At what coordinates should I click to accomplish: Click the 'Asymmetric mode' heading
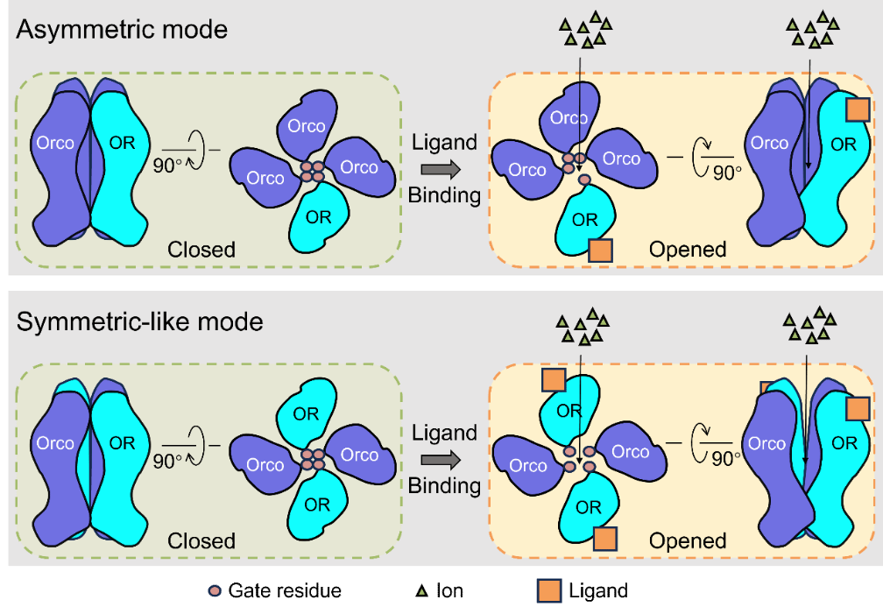(x=123, y=30)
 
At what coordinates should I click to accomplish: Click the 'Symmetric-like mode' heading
(x=140, y=321)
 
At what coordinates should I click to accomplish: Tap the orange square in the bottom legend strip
(x=548, y=591)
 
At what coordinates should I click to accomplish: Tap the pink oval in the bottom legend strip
(x=215, y=591)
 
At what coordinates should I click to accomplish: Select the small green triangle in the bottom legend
(x=422, y=592)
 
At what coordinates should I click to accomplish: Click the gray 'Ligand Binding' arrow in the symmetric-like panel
(x=445, y=460)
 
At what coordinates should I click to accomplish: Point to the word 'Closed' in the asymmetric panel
(x=201, y=250)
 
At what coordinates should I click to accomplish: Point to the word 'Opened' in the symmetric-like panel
(x=688, y=540)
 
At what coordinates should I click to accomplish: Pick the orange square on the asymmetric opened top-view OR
(x=600, y=251)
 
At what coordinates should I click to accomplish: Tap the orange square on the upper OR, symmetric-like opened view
(x=553, y=379)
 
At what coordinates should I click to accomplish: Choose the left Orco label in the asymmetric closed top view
(x=265, y=178)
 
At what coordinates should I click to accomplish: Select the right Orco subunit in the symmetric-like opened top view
(x=629, y=451)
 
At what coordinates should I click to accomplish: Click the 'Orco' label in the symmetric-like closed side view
(x=55, y=443)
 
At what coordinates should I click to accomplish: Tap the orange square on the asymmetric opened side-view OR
(x=858, y=109)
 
